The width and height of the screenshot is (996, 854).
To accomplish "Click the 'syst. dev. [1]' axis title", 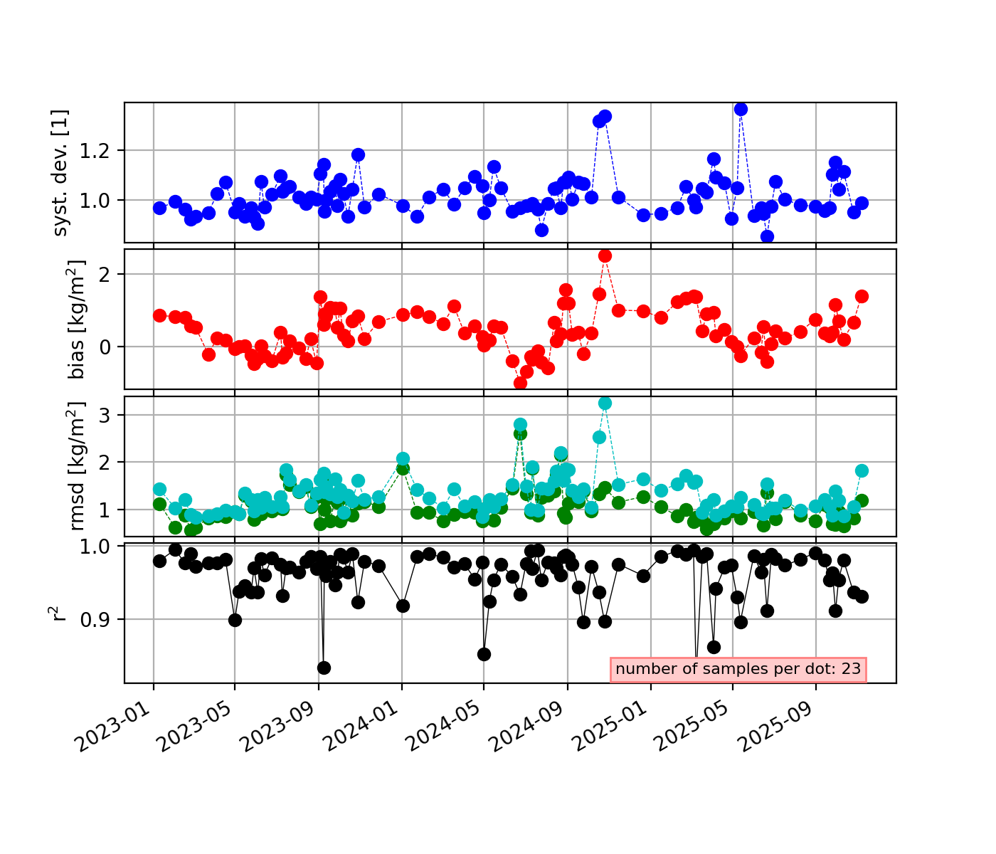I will (x=61, y=172).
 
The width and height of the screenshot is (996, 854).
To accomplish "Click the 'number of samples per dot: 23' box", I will (x=738, y=669).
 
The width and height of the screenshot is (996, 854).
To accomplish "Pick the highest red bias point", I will (x=605, y=255).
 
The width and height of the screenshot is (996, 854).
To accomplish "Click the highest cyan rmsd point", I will (x=605, y=403).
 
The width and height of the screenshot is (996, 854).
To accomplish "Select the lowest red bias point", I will (x=520, y=383).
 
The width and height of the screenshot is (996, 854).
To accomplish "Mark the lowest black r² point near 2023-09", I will (x=324, y=668).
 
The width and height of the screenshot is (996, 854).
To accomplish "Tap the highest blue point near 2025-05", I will (x=741, y=109).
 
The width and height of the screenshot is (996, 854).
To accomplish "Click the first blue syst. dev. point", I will (x=159, y=208).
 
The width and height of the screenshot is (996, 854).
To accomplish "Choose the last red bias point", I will (x=862, y=296).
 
